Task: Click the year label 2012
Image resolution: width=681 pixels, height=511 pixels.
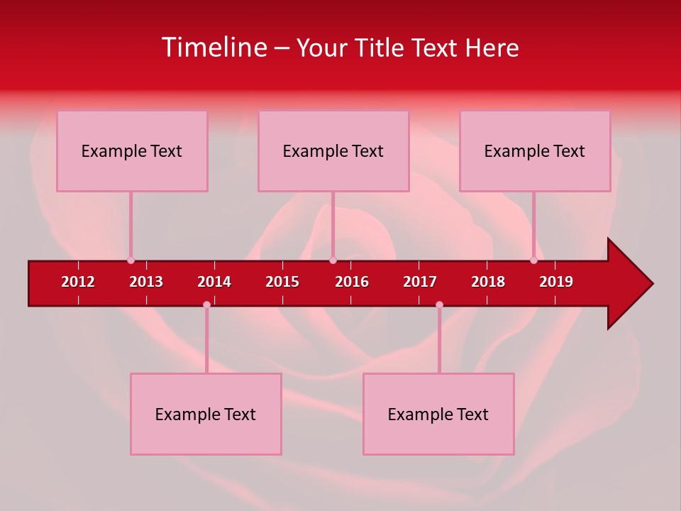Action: coord(78,282)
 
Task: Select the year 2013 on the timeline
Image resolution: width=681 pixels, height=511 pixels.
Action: coord(146,282)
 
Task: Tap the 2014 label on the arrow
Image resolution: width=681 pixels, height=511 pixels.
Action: coord(214,282)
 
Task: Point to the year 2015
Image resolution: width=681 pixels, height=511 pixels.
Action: coord(282,282)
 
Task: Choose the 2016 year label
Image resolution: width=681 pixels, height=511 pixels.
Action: coord(352,282)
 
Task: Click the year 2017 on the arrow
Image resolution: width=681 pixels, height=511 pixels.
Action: coord(420,282)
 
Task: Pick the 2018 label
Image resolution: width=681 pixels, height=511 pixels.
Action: coord(488,282)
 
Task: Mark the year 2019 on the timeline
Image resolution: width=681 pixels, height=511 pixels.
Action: coord(556,282)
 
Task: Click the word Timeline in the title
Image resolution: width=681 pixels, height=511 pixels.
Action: coord(214,48)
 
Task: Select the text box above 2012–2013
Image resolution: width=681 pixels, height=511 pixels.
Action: coord(132,150)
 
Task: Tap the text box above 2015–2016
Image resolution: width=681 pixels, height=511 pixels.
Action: coord(333,150)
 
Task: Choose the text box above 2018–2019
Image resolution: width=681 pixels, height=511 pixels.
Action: coord(535,150)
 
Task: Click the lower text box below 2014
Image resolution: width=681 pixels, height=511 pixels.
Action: coord(206,414)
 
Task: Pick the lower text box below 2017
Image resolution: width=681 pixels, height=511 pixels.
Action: coord(438,414)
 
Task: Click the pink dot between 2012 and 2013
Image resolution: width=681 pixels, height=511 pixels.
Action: coord(131,260)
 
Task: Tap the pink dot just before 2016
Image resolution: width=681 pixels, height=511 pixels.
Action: coord(333,260)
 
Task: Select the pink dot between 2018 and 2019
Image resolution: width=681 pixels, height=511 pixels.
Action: coord(533,260)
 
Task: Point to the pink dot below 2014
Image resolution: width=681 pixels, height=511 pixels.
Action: coord(206,304)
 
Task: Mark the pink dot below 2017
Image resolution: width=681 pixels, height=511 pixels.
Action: coord(439,304)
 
